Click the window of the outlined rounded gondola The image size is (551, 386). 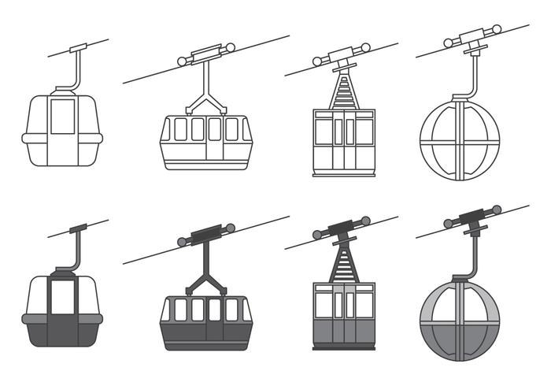[62, 116]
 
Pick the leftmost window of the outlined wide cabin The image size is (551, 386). [179, 129]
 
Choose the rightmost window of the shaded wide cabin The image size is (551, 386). [231, 310]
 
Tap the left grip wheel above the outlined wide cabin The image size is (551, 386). [182, 60]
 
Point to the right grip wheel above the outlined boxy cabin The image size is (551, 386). [365, 47]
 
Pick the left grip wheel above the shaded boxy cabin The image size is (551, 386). [318, 234]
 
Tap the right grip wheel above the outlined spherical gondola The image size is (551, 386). [496, 29]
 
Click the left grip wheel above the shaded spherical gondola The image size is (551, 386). [449, 224]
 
